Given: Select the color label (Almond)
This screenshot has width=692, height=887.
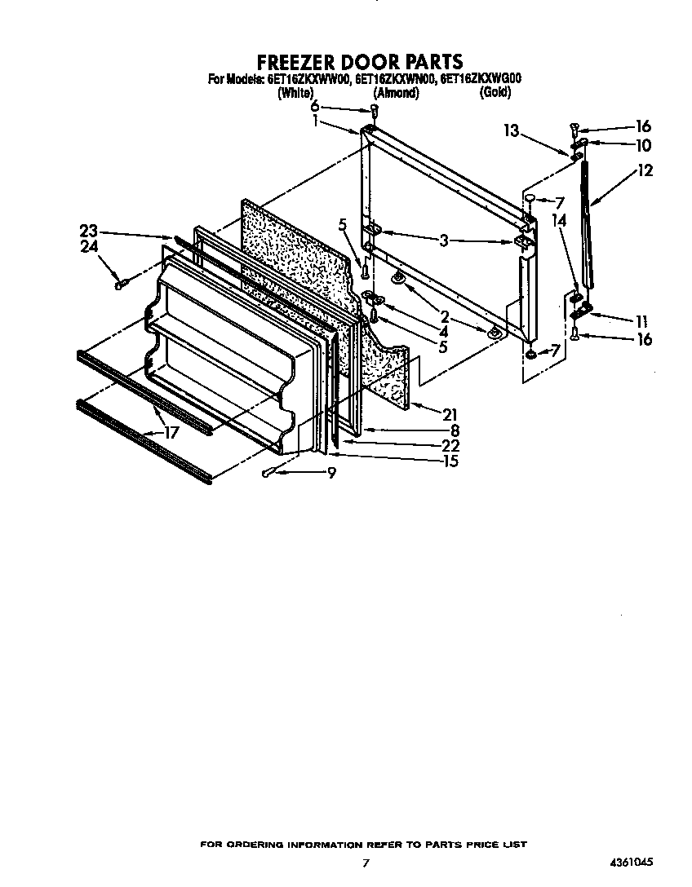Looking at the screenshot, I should click(x=396, y=93).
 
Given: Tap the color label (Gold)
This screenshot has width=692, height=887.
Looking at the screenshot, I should click(x=495, y=93).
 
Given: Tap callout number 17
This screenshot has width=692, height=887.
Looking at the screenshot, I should click(x=171, y=433).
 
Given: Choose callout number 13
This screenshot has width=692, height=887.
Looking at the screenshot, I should click(x=511, y=131).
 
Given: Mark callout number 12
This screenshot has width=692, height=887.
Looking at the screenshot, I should click(x=645, y=171).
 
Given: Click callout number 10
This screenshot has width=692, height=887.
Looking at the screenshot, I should click(x=643, y=146).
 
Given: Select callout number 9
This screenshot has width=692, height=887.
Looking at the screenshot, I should click(x=332, y=472).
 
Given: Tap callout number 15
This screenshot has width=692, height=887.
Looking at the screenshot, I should click(x=450, y=461).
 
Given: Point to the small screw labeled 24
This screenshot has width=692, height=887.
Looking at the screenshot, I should click(x=122, y=285).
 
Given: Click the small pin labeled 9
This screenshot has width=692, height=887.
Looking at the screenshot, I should click(x=272, y=472).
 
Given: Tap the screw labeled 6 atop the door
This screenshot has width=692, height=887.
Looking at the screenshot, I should click(x=374, y=109).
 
